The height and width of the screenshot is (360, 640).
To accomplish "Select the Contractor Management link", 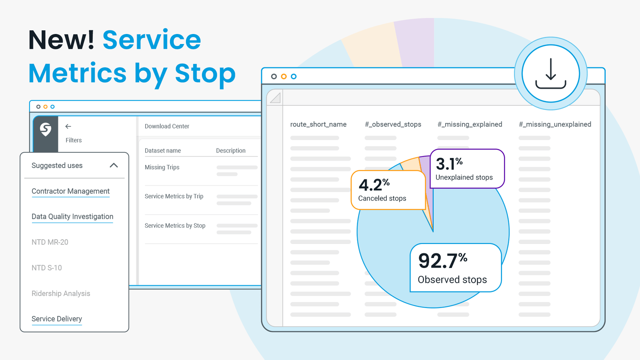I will [x=70, y=191].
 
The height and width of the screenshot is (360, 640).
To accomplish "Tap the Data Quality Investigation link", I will [x=72, y=216].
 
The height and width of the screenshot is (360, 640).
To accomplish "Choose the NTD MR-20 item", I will [x=50, y=242].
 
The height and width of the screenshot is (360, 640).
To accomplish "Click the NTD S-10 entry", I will [x=47, y=268].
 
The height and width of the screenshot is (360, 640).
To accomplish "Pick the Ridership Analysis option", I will [x=61, y=293].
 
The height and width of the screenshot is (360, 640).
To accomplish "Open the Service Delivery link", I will [x=57, y=319].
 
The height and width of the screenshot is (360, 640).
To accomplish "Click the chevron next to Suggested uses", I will [x=114, y=165].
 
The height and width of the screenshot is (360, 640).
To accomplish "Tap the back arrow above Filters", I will [x=68, y=126].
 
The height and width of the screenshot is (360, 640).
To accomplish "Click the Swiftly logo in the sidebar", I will [x=46, y=129].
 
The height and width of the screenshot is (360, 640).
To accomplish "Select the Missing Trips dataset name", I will [x=162, y=167].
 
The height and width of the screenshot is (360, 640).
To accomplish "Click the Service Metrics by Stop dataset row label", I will [x=175, y=226].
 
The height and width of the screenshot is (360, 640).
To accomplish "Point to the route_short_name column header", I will [x=318, y=124].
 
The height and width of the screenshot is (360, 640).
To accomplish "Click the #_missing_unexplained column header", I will [x=555, y=124].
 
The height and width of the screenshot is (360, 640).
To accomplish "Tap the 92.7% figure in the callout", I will [x=442, y=261].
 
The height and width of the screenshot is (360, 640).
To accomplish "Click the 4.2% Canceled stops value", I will [x=374, y=185].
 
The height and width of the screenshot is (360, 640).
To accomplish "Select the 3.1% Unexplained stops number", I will [x=449, y=164].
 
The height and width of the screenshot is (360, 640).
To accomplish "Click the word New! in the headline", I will [x=61, y=40].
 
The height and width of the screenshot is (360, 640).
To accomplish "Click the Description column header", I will [x=231, y=150].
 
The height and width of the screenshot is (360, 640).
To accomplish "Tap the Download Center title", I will [x=167, y=126].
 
